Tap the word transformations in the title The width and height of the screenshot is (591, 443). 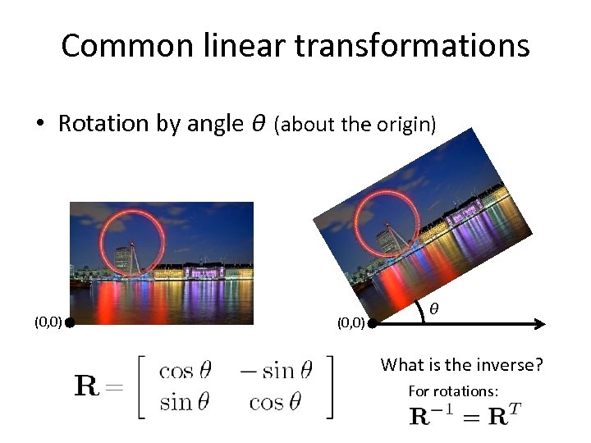coord(411,46)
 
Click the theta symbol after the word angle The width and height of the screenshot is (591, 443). coord(258,124)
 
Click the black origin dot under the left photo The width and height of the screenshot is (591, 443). coord(71,323)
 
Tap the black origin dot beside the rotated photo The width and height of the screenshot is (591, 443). coord(371,324)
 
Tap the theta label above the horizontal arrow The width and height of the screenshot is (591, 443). coord(434,308)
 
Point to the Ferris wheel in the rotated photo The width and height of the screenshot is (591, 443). coord(381,224)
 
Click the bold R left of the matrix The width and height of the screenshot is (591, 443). coord(89,386)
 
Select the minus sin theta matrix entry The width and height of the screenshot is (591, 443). coord(276,371)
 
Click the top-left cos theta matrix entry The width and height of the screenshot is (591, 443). coord(187,371)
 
